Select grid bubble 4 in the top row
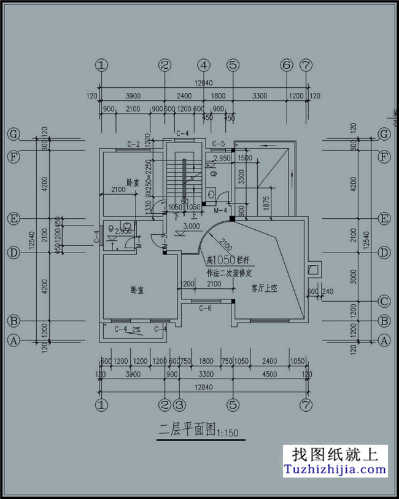pos(204,65)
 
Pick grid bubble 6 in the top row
pos(286,65)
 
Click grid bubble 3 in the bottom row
pos(179,405)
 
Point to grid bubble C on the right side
pos(384,301)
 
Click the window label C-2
pos(134,144)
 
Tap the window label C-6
pos(206,308)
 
